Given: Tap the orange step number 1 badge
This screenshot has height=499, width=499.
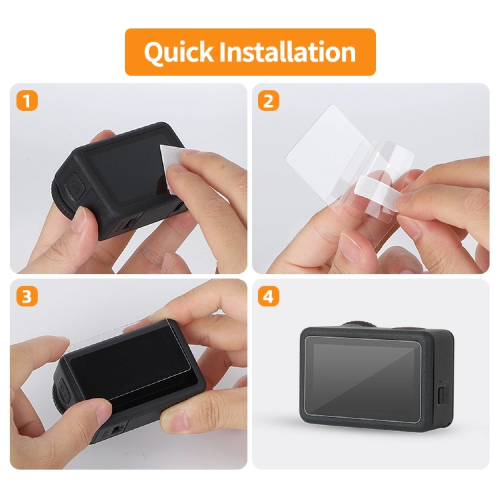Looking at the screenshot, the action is tap(27, 101).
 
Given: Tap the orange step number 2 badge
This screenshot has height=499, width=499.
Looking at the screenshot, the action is tap(268, 101).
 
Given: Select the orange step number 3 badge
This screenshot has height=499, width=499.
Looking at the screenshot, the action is tap(27, 296).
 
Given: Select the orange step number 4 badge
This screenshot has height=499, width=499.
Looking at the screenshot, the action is tap(268, 296).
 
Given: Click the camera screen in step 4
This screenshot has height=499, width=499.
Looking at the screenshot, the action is tap(363, 379).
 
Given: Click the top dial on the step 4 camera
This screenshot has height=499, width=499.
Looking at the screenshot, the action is tap(360, 325).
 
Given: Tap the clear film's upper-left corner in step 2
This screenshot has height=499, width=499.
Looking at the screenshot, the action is tap(331, 105).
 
